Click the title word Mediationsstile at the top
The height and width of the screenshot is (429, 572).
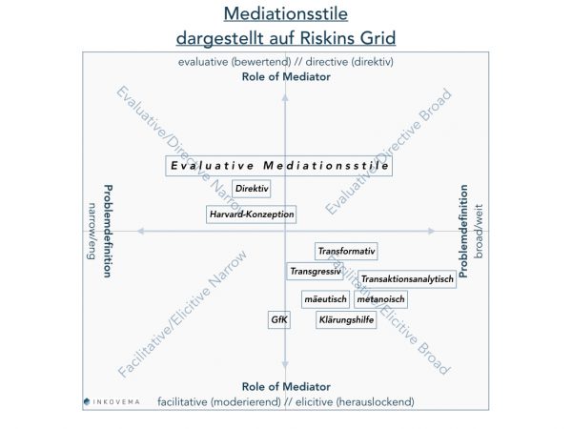tap(286, 14)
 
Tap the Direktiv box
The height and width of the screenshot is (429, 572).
tap(251, 189)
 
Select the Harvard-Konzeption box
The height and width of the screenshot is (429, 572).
tap(251, 214)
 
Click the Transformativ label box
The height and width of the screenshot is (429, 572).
tap(347, 252)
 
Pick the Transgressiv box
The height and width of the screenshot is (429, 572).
tap(315, 272)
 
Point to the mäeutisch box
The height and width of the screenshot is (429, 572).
tap(324, 299)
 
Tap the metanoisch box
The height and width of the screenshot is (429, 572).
tap(380, 299)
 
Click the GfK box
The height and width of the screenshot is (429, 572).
tap(279, 320)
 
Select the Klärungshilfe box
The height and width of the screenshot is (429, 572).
tap(346, 320)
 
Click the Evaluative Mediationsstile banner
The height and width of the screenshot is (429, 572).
tap(279, 165)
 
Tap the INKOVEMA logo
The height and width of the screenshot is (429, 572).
tap(111, 401)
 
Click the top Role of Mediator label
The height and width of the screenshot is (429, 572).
tap(286, 76)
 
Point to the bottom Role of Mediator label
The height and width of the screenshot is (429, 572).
tap(286, 387)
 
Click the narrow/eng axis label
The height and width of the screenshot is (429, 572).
tap(93, 232)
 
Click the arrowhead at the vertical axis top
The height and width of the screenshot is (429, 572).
tap(285, 90)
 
